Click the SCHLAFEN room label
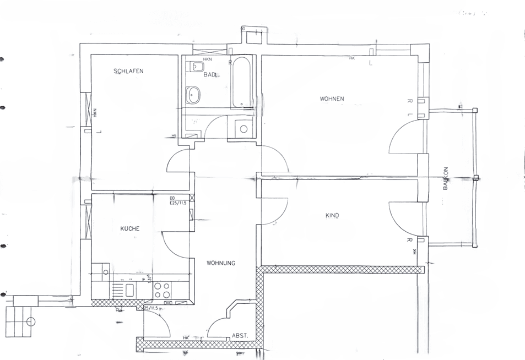[128, 71]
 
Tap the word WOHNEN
[332, 99]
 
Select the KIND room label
[332, 216]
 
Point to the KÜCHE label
[130, 228]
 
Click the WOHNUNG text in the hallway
[221, 263]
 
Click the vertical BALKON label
[446, 178]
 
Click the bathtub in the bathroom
[242, 83]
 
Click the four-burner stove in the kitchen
[162, 290]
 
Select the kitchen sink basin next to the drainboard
[130, 290]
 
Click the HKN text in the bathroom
[207, 59]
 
